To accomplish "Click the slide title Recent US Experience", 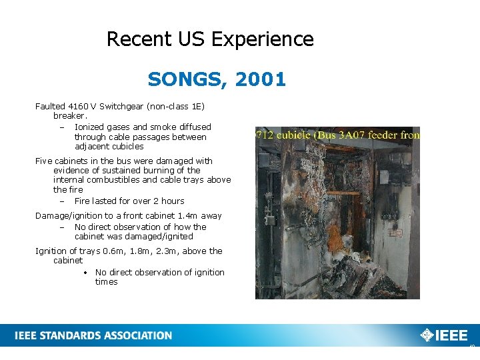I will click(210, 39).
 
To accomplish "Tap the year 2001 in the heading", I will click(261, 79).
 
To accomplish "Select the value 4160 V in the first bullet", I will click(82, 106).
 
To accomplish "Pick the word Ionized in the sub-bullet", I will click(89, 127).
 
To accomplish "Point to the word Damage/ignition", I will click(67, 215).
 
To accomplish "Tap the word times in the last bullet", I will click(107, 281).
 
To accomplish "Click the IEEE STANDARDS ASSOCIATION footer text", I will click(93, 335).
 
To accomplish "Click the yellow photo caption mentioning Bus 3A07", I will click(337, 135).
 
